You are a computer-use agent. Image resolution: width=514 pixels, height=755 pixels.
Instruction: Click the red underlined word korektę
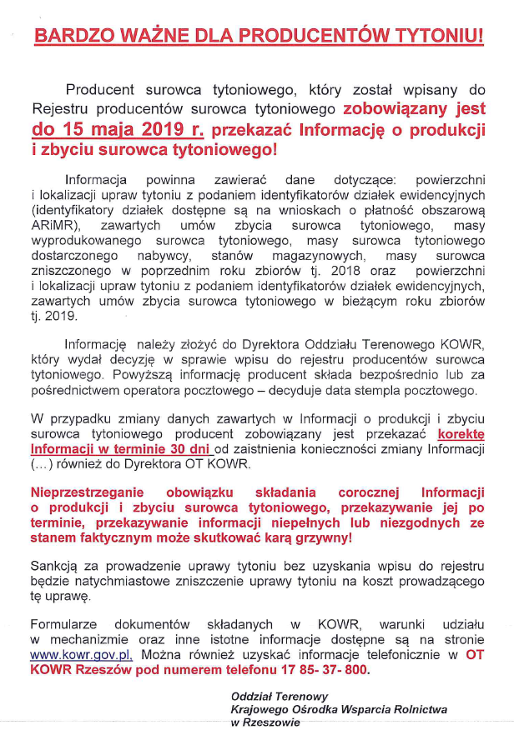point(461,434)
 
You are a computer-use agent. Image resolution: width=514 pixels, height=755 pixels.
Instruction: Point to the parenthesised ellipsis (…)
point(43,464)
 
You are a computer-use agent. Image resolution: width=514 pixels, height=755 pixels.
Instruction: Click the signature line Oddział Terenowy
point(279,696)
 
